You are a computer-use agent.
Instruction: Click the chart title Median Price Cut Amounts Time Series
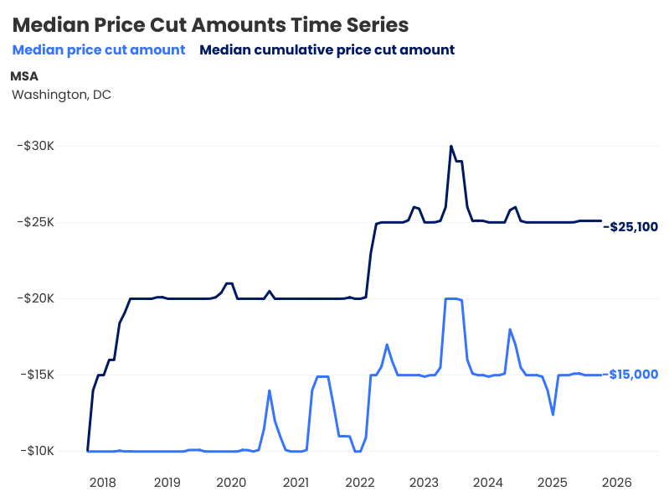[211, 24]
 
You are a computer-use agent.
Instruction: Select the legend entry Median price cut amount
[99, 50]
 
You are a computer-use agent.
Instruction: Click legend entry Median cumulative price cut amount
[327, 50]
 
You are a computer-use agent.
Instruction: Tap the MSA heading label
[24, 76]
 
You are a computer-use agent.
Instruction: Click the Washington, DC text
[61, 95]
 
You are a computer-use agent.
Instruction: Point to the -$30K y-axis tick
[35, 146]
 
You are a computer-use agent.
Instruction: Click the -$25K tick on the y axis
[35, 222]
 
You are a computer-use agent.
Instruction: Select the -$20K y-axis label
[35, 298]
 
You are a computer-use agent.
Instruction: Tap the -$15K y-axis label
[35, 375]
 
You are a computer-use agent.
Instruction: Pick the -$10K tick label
[35, 451]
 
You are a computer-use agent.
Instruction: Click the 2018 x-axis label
[102, 483]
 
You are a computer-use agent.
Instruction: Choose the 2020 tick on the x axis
[231, 483]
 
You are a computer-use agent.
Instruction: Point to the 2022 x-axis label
[359, 483]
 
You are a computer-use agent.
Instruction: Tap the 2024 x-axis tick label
[488, 483]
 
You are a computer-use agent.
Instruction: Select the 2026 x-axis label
[616, 483]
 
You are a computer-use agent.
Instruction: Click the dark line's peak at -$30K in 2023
[451, 146]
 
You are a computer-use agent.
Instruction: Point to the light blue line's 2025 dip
[553, 414]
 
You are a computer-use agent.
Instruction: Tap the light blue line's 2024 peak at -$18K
[510, 329]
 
